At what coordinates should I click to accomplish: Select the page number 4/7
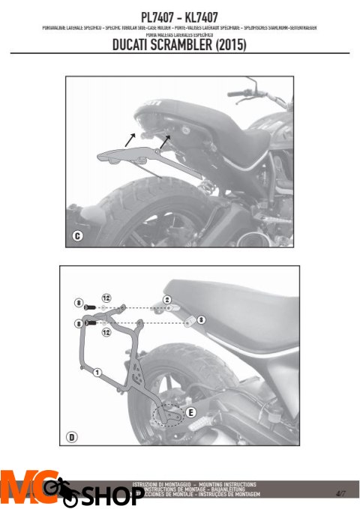tap(341, 493)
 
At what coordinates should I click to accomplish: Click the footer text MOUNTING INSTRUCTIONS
tap(224, 485)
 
